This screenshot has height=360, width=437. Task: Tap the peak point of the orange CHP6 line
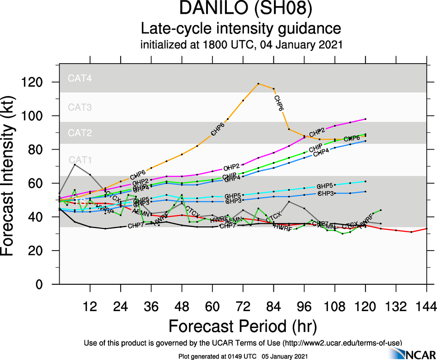[x=258, y=84]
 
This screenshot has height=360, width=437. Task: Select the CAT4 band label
[x=80, y=78]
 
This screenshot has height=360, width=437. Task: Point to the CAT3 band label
[x=80, y=108]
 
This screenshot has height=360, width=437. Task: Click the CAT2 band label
[x=80, y=133]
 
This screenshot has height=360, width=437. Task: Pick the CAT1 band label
[x=80, y=160]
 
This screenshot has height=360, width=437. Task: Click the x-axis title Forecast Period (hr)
[x=243, y=325]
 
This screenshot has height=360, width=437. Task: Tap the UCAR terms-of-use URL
[x=341, y=342]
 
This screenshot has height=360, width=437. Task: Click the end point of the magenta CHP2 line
[x=365, y=119]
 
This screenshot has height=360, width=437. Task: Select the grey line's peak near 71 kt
[x=75, y=164]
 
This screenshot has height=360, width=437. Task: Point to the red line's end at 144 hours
[x=426, y=228]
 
